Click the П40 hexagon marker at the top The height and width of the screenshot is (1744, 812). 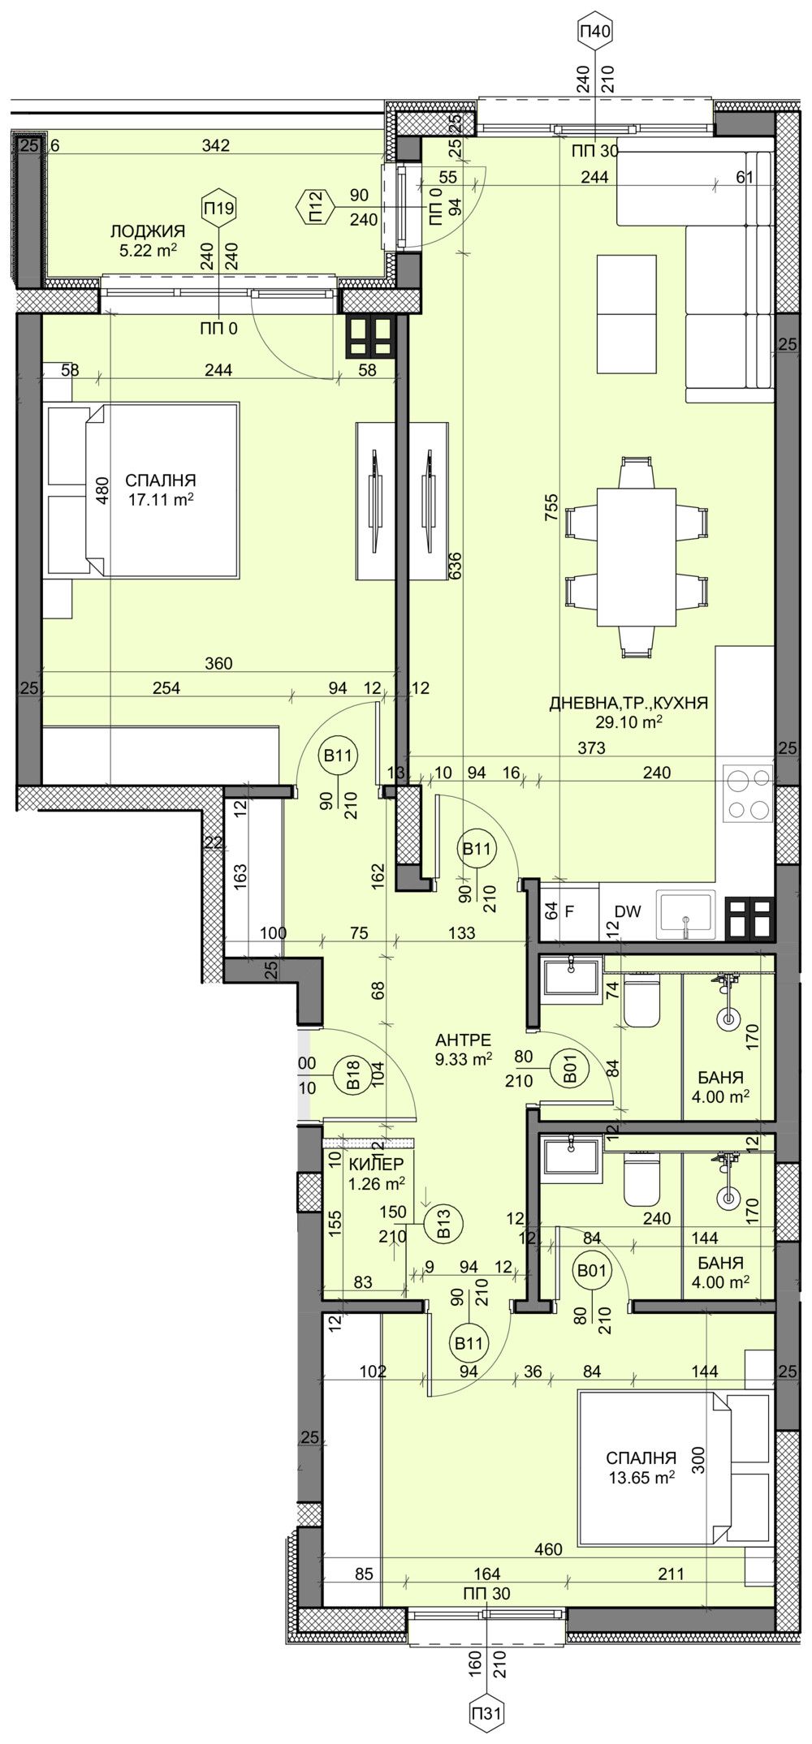click(x=595, y=32)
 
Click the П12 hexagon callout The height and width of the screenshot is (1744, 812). click(x=314, y=206)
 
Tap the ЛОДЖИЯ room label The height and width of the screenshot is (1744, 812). click(x=148, y=232)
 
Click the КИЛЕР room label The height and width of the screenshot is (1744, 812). click(x=377, y=1165)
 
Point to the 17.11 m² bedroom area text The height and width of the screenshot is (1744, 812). click(x=160, y=500)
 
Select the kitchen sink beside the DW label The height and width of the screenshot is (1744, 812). click(x=687, y=915)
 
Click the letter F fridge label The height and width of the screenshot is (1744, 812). click(x=569, y=911)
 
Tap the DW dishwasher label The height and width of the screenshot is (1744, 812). click(x=628, y=911)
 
